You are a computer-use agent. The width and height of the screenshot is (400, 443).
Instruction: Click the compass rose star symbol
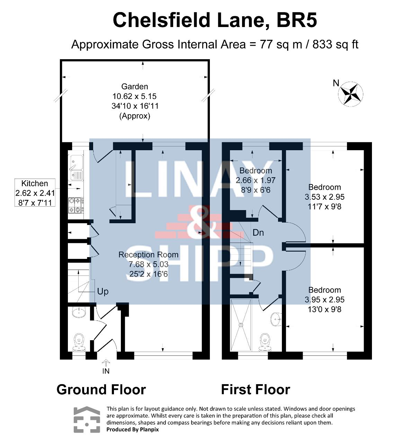(x=350, y=94)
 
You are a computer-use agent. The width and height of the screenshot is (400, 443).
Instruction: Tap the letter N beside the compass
(x=336, y=83)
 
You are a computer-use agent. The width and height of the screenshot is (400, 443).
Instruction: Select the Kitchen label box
(x=35, y=192)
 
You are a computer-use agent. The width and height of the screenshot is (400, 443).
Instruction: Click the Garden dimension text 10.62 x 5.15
(x=134, y=96)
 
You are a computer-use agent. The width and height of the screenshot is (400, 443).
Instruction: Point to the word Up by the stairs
(x=103, y=292)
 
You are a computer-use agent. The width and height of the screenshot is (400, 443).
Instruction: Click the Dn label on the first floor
(x=258, y=233)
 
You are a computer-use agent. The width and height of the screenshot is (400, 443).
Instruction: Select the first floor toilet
(x=265, y=342)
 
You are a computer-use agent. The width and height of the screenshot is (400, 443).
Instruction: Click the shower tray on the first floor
(x=241, y=325)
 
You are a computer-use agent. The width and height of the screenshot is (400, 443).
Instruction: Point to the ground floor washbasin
(x=79, y=312)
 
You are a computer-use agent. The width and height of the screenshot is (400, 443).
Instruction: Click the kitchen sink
(x=76, y=168)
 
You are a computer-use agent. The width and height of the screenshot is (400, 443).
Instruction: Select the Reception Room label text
(x=149, y=255)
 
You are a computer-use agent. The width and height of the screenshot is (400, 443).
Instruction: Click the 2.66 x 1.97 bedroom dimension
(x=256, y=180)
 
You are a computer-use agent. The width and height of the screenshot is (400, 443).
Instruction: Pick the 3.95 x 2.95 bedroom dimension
(x=325, y=299)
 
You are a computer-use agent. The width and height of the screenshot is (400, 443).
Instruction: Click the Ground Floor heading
(x=101, y=395)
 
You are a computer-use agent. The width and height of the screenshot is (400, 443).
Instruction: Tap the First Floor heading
(x=256, y=395)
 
